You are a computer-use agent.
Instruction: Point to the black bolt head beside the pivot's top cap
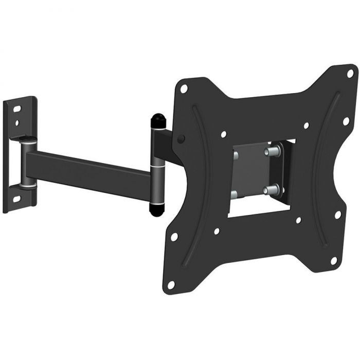point(181,138)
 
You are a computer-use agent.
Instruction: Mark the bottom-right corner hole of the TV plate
point(333,261)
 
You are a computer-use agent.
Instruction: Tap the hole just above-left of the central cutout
point(224,135)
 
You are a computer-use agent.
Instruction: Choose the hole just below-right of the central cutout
point(297,221)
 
